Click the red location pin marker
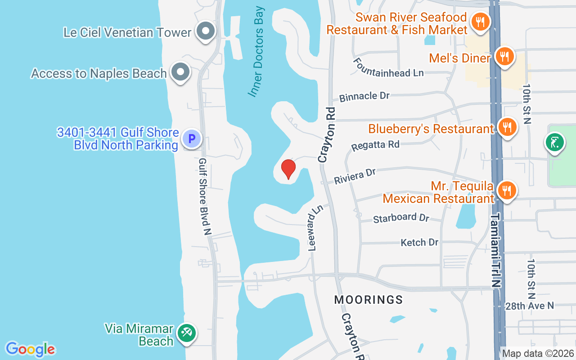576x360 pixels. coord(288,169)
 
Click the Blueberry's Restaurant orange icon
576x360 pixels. coord(507,127)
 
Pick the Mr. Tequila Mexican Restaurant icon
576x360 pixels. coord(507,191)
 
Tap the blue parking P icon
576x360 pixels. coord(191,139)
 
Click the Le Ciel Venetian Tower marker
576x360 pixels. coord(206,32)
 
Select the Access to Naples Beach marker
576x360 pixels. coord(181,72)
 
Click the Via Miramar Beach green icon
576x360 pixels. coord(184,333)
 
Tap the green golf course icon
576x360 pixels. coord(555,143)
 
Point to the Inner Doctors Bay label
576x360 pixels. coord(257,52)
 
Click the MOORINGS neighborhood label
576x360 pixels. coord(369,300)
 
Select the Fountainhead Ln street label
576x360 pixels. coord(388,67)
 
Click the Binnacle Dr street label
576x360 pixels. coord(364,96)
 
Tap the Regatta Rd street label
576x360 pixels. coord(375,145)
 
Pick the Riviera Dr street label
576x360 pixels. coord(355,176)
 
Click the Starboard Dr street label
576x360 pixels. coord(401,218)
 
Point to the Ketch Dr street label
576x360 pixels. coord(419,243)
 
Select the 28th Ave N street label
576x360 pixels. coord(529,306)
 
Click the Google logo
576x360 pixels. coord(31,349)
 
